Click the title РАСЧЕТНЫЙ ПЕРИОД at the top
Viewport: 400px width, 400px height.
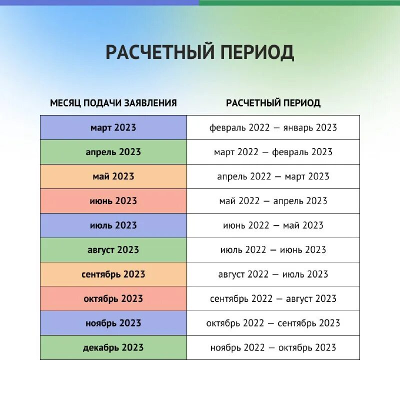[x=199, y=52]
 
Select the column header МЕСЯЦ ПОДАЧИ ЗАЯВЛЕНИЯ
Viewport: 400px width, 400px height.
[x=113, y=103]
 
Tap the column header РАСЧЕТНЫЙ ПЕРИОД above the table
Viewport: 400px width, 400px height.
[x=273, y=103]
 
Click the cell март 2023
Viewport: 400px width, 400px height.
[x=113, y=127]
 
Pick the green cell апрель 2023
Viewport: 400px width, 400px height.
[x=113, y=152]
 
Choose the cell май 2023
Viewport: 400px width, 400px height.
[x=113, y=176]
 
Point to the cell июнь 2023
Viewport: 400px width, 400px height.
[x=113, y=201]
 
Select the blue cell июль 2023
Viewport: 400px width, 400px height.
[x=113, y=225]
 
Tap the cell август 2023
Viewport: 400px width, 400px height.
[x=113, y=250]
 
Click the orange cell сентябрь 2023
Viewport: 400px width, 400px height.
[x=113, y=274]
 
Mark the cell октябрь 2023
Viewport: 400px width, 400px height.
[x=113, y=299]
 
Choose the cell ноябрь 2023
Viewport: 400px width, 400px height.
[x=113, y=323]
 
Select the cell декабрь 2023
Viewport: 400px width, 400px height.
[x=113, y=347]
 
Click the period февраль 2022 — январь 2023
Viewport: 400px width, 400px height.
[x=273, y=127]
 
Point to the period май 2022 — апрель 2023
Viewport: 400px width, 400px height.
[x=273, y=201]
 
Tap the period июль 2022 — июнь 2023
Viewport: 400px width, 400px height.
[x=273, y=250]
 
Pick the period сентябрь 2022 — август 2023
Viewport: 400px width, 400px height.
[x=273, y=299]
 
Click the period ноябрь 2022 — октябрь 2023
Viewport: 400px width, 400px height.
[x=273, y=347]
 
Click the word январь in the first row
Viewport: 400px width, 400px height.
[x=299, y=127]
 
